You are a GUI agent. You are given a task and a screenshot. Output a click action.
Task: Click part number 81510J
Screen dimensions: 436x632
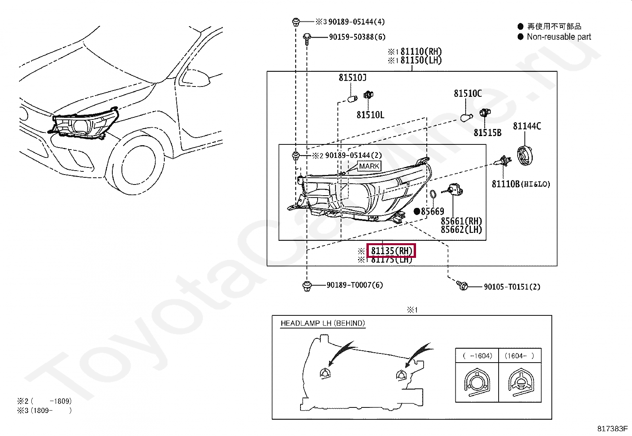tap(353, 78)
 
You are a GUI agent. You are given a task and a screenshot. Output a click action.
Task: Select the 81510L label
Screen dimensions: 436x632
tap(370, 115)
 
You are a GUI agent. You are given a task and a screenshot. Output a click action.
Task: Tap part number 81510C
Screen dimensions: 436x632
tap(468, 94)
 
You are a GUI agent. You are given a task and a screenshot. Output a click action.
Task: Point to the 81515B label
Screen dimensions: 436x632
tap(487, 133)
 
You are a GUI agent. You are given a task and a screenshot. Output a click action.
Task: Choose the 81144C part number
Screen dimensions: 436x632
tap(527, 126)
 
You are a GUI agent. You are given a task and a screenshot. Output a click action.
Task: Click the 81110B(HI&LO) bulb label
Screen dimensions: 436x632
tap(521, 184)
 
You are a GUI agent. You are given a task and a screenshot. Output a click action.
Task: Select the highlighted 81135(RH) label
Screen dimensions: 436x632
tap(391, 251)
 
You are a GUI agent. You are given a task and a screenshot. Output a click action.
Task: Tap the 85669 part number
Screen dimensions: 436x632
tap(432, 211)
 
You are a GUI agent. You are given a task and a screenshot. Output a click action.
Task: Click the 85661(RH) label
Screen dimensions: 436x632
tap(461, 221)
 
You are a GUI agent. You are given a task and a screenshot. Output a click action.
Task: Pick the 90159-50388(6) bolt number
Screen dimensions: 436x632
tap(357, 37)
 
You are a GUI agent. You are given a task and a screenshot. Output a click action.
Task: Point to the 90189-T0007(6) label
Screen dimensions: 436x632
tap(355, 285)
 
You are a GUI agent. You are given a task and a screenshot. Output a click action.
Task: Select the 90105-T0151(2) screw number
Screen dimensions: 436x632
tap(512, 287)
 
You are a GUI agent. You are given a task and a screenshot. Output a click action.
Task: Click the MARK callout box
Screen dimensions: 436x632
tap(369, 166)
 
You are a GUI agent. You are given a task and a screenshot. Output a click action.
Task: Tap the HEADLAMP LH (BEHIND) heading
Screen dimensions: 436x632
tap(322, 323)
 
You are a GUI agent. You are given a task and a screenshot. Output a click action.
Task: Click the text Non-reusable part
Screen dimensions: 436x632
tap(559, 37)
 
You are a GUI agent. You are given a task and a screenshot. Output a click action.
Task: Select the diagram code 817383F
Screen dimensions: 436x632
tap(612, 428)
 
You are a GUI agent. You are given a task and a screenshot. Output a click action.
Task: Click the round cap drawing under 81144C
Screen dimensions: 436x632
tap(527, 155)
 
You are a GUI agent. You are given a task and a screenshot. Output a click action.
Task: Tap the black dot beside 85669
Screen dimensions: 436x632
tap(417, 211)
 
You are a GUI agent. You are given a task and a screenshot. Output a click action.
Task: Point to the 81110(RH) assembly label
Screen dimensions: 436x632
tap(421, 52)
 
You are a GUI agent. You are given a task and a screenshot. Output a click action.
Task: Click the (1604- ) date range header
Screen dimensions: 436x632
tap(519, 356)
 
